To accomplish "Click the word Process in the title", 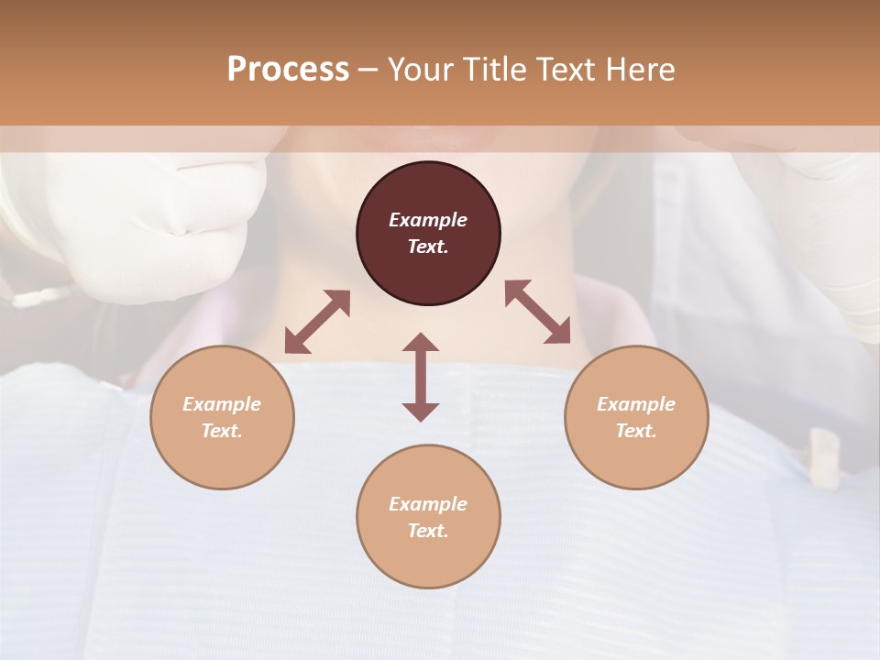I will point(288,70).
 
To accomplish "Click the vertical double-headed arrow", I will point(421,377).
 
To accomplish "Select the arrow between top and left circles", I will point(317,322).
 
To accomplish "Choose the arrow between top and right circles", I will point(538,312).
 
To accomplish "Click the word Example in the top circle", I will point(428,220).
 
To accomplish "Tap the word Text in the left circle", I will point(222,431).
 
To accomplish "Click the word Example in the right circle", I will point(636,404).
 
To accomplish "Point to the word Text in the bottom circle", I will point(428,531).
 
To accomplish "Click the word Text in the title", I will point(566,70).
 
